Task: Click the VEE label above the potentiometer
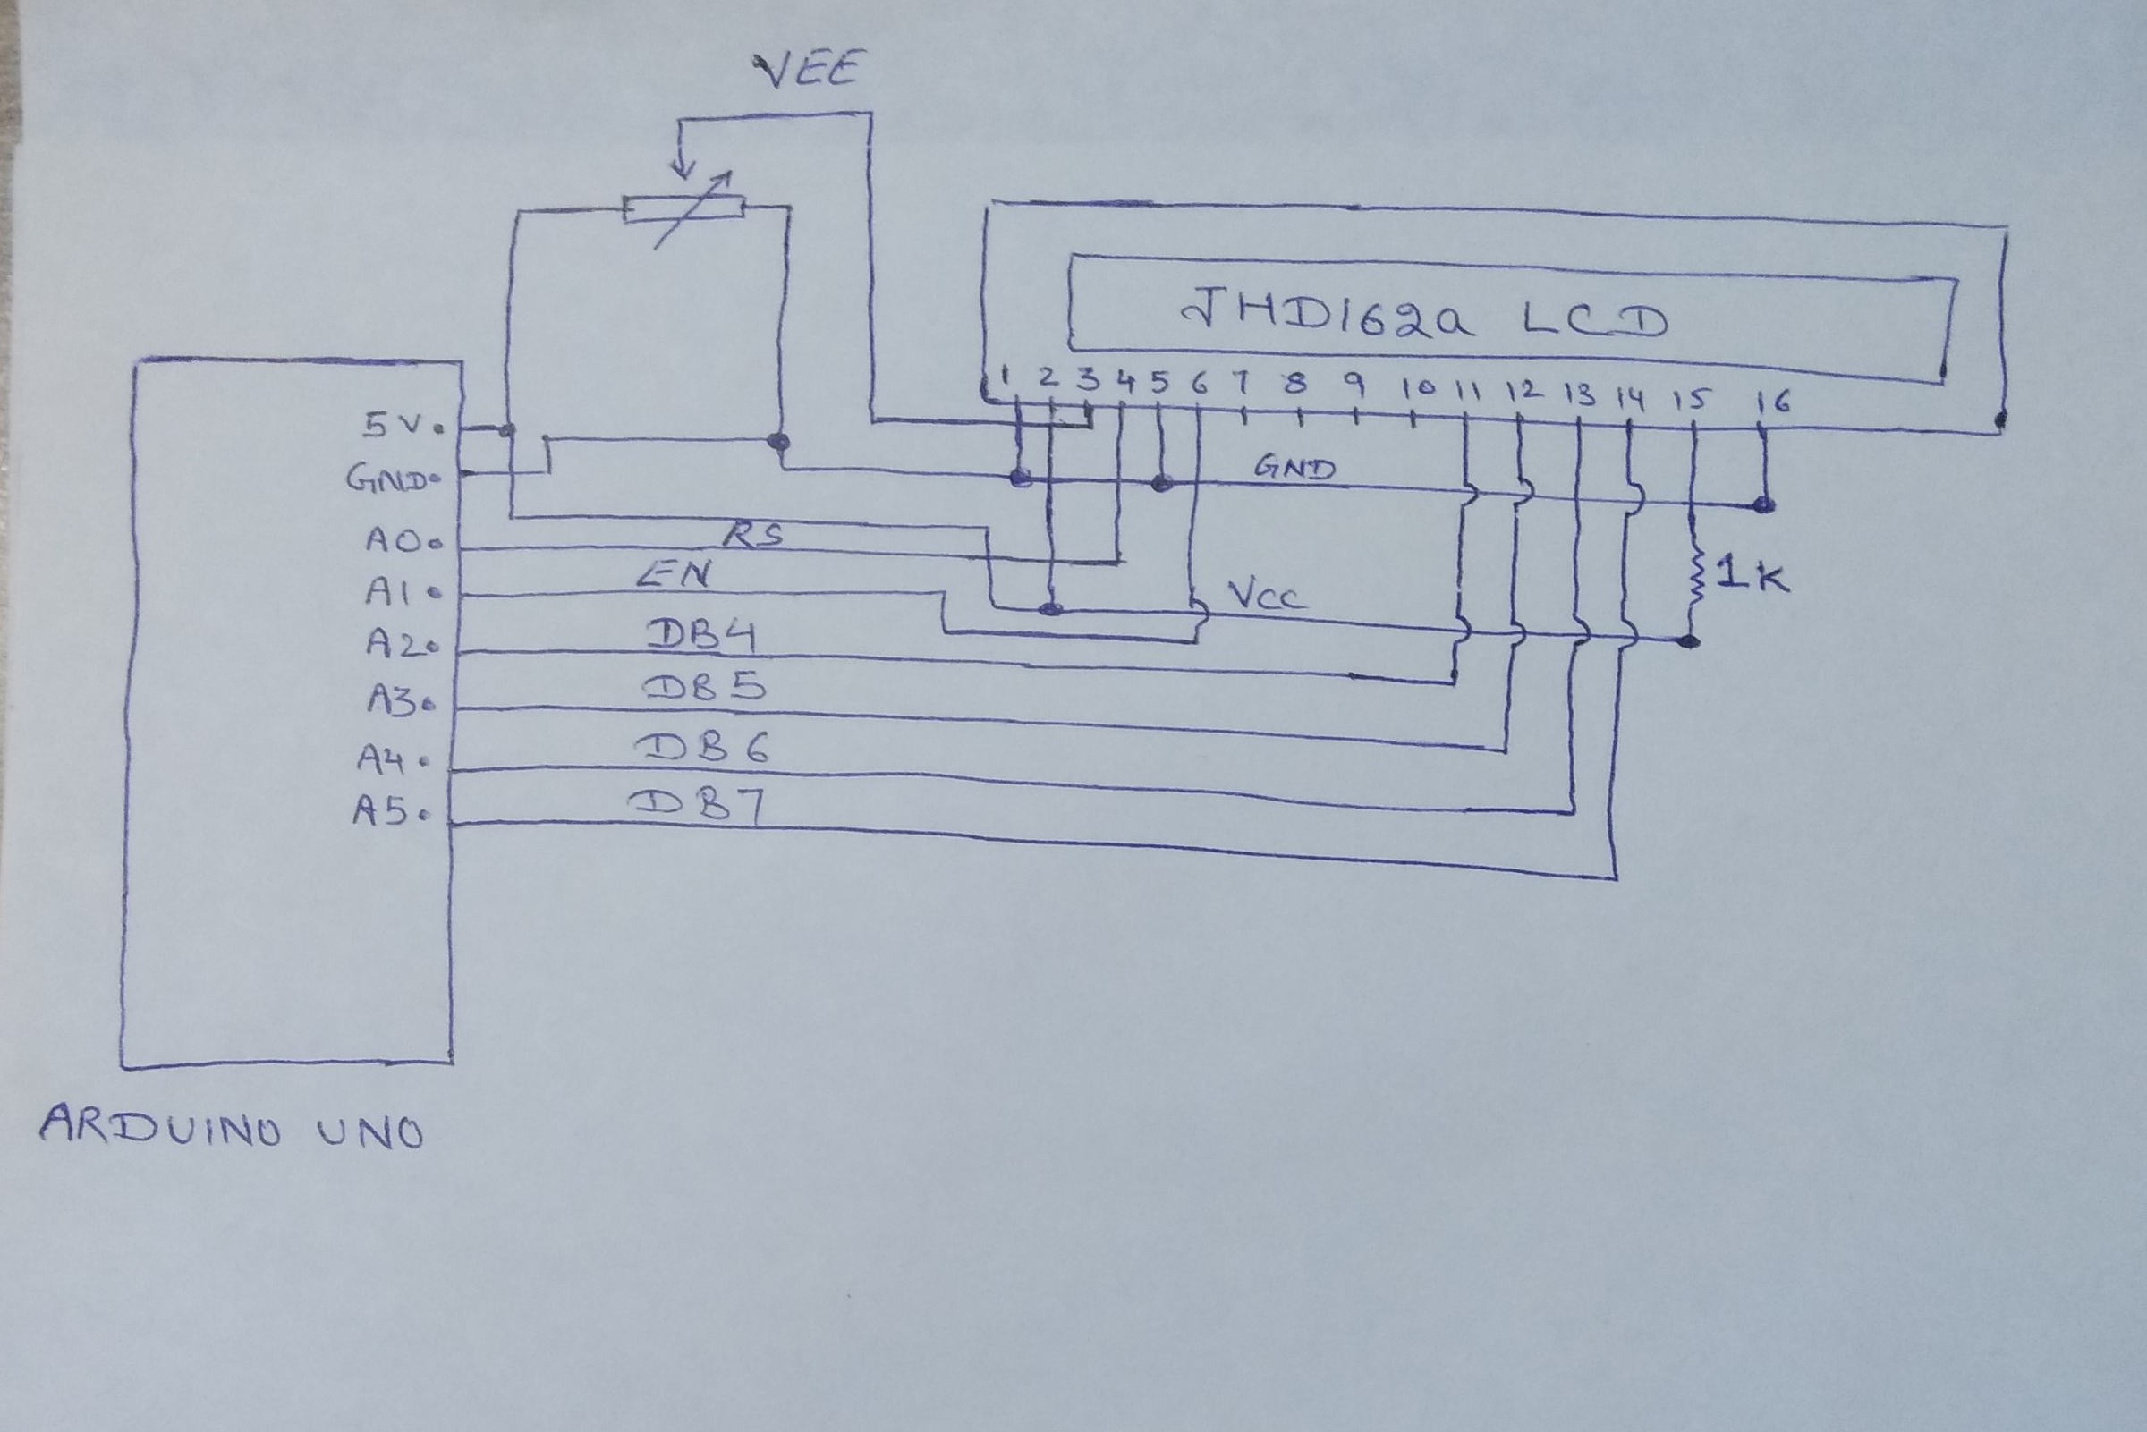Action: tap(808, 72)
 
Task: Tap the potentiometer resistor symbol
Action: tap(683, 209)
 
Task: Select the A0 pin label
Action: tap(400, 540)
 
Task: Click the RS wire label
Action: tap(754, 534)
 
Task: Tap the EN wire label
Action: tap(675, 574)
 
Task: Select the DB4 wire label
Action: tap(701, 637)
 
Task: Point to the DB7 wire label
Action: tap(697, 806)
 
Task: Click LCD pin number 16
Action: tap(1772, 400)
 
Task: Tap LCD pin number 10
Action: tap(1418, 390)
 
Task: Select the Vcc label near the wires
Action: tap(1267, 595)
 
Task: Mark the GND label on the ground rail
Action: tap(1294, 469)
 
